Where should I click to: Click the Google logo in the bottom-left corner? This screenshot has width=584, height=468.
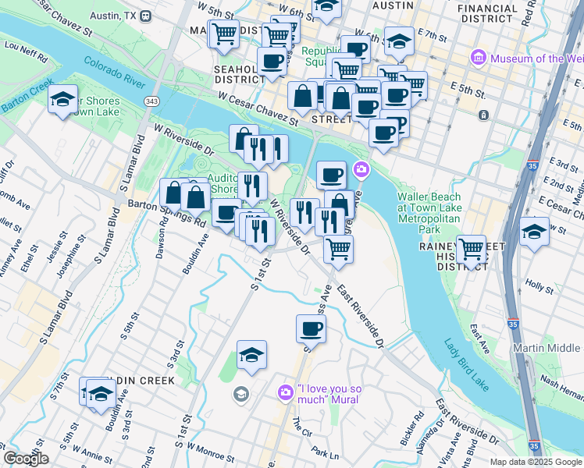tap(26, 459)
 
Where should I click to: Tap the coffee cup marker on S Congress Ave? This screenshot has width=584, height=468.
tap(311, 328)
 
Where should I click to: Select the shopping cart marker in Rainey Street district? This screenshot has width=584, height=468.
tap(471, 249)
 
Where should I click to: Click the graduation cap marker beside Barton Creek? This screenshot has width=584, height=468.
tap(62, 99)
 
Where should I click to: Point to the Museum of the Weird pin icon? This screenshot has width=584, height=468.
tap(479, 58)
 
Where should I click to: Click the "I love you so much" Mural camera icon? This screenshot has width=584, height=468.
tap(287, 390)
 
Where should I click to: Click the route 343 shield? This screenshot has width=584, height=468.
tap(151, 101)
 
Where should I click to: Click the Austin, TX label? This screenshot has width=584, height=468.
tap(116, 16)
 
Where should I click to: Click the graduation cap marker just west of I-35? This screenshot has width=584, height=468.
tap(534, 231)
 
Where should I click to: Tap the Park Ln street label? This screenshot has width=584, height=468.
tap(324, 452)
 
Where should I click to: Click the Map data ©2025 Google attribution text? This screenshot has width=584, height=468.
tap(536, 462)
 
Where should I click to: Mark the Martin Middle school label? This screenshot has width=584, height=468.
tap(547, 348)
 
